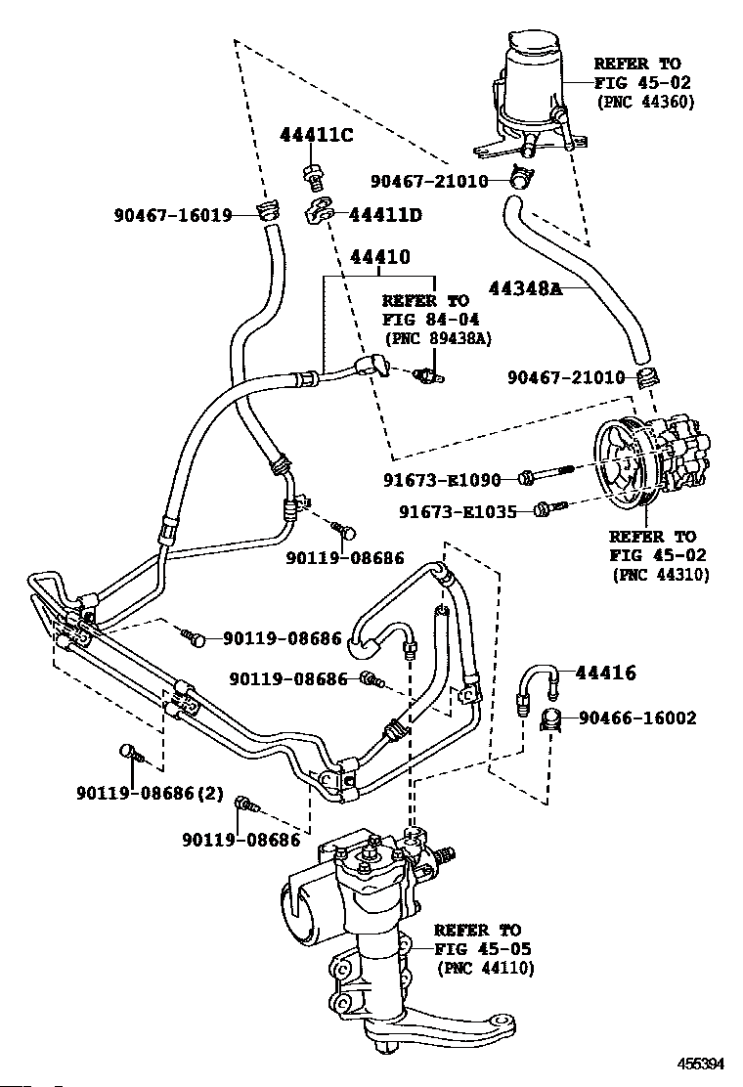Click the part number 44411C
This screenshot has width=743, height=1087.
click(x=316, y=135)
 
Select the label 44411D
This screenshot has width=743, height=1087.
click(x=384, y=215)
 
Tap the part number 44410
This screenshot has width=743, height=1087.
click(x=380, y=257)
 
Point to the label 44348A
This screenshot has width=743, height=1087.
click(x=526, y=287)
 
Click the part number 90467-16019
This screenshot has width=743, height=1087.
click(x=173, y=215)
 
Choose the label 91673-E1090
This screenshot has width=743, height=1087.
click(x=442, y=479)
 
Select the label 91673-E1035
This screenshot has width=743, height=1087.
click(x=458, y=511)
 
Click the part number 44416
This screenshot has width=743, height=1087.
click(x=606, y=673)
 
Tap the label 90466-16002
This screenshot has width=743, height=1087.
click(x=637, y=718)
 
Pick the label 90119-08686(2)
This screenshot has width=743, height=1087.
click(x=150, y=793)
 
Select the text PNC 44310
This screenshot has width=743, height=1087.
click(x=661, y=575)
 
